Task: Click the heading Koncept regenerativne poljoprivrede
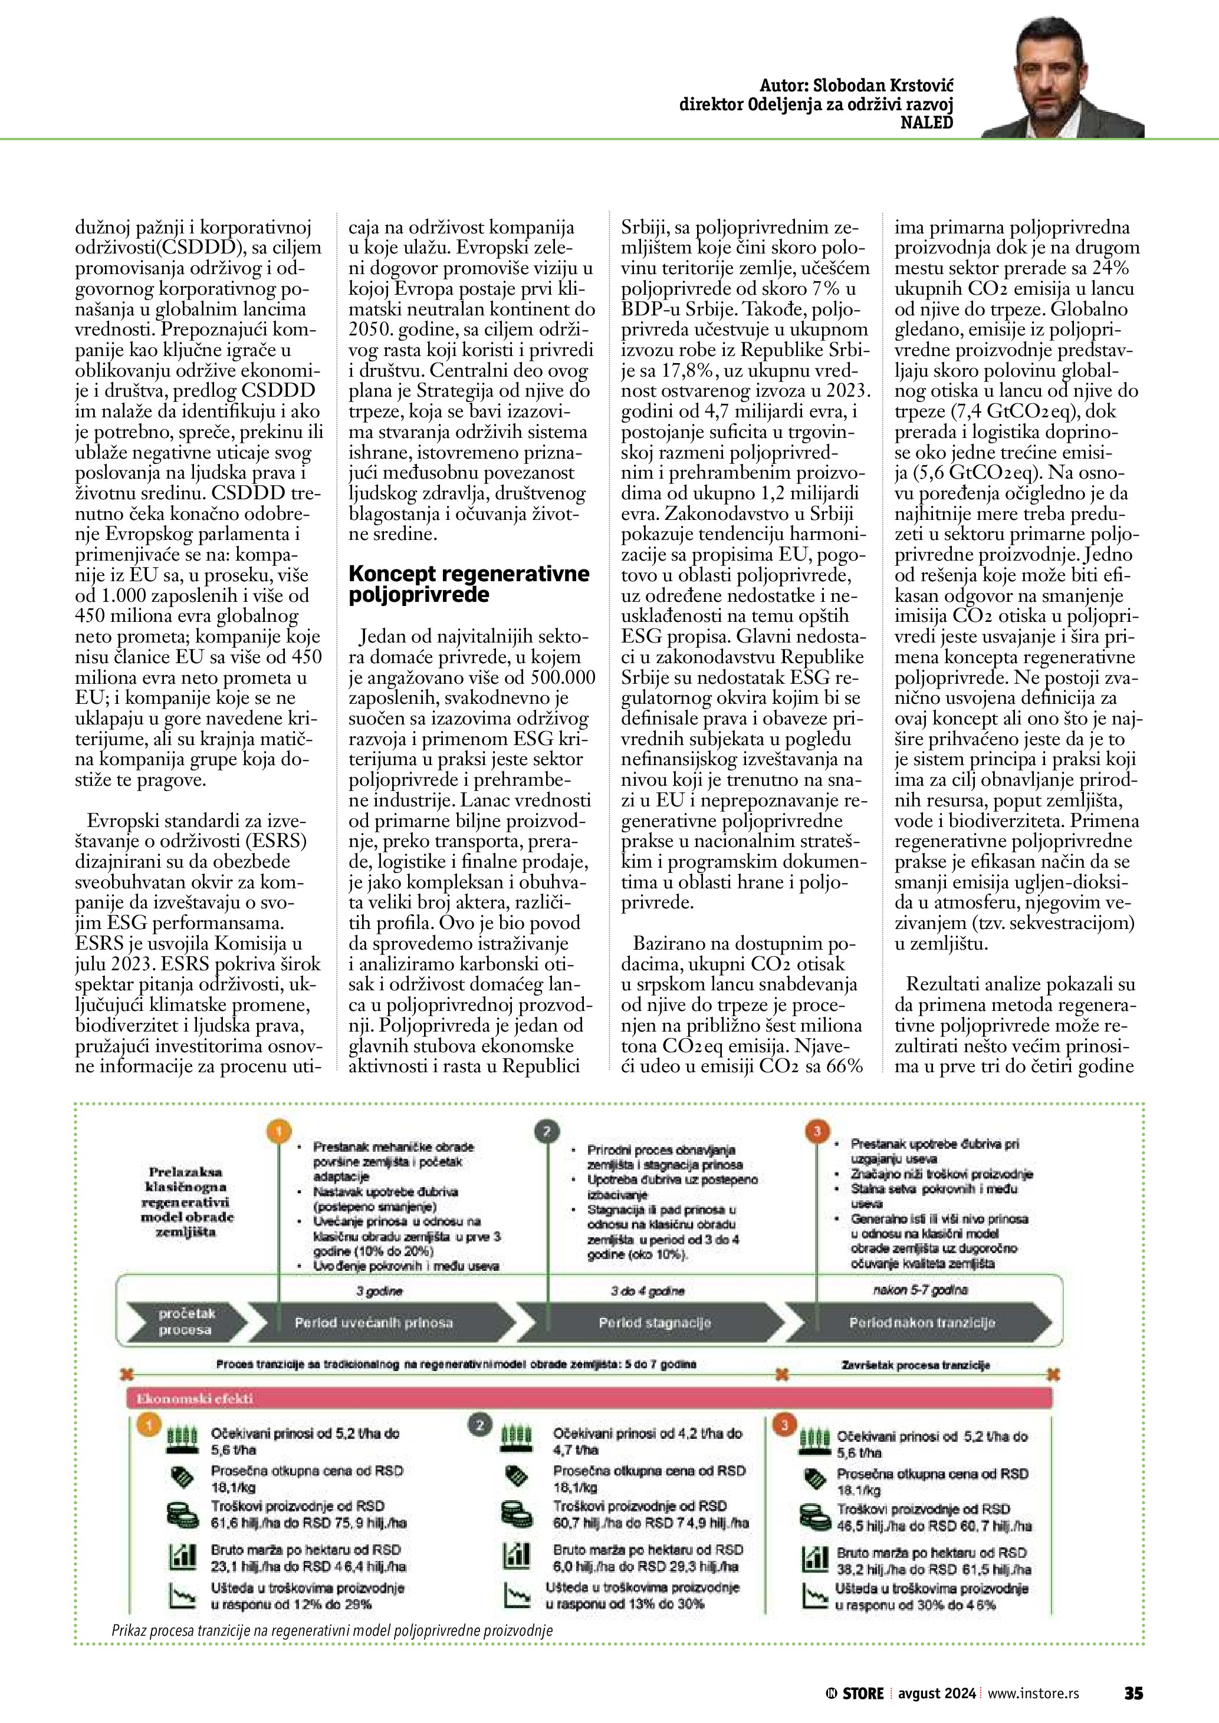469,584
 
